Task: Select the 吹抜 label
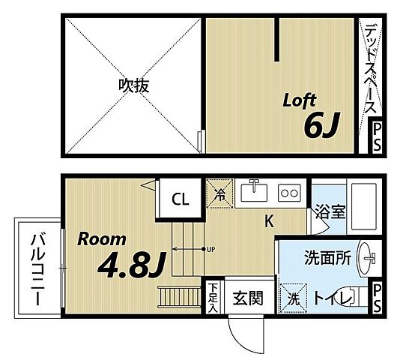coord(133,85)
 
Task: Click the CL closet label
coord(181,199)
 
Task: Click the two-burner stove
coord(289,193)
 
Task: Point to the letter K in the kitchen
coord(268,221)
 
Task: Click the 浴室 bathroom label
coord(329,211)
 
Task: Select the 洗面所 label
coord(327,257)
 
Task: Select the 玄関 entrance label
coord(246,298)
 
